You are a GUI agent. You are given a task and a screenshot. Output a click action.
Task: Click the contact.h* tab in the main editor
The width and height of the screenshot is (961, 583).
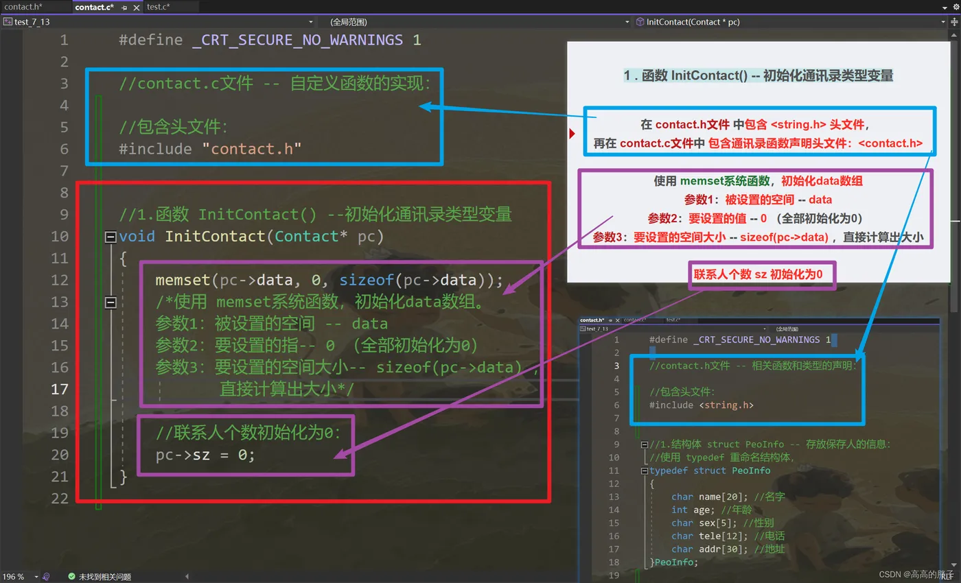(x=23, y=7)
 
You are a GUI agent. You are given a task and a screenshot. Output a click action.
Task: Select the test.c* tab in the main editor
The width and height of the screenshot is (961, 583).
(x=159, y=7)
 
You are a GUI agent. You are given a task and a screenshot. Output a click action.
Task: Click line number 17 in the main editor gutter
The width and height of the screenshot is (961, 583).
(x=60, y=389)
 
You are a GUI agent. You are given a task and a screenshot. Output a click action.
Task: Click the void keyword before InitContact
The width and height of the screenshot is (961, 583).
(x=137, y=236)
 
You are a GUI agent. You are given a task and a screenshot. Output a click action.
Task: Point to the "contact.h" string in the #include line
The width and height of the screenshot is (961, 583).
(x=252, y=148)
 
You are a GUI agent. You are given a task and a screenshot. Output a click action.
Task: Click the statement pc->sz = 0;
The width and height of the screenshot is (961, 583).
(x=205, y=454)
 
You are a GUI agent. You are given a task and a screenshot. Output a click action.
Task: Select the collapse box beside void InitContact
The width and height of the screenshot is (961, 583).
(x=111, y=237)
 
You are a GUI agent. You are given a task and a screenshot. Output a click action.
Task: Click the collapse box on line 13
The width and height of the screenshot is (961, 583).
(x=111, y=302)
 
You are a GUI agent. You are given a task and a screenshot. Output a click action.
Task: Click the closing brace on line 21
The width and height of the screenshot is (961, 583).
(x=124, y=476)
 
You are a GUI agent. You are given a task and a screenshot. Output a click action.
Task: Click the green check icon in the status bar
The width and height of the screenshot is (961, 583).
(x=71, y=577)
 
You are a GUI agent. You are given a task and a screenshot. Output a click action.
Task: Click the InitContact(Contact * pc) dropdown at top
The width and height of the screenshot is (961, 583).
(x=693, y=22)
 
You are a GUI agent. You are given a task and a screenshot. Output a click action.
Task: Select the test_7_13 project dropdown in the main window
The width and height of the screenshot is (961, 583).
(x=32, y=22)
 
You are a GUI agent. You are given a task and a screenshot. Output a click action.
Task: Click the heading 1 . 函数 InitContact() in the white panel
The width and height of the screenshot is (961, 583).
(x=759, y=75)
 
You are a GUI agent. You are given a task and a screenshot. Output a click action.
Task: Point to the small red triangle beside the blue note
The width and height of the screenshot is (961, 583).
(x=572, y=133)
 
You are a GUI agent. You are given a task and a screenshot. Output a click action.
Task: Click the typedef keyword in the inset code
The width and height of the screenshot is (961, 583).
(x=669, y=471)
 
